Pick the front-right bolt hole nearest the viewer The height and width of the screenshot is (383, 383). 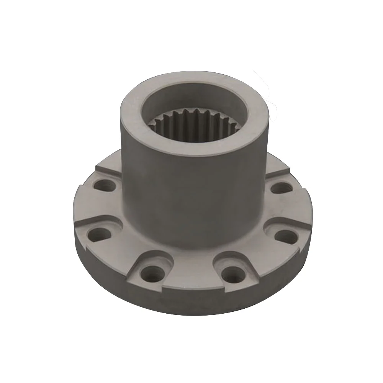[x=231, y=273]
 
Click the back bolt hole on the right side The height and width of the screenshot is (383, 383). [x=281, y=188]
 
